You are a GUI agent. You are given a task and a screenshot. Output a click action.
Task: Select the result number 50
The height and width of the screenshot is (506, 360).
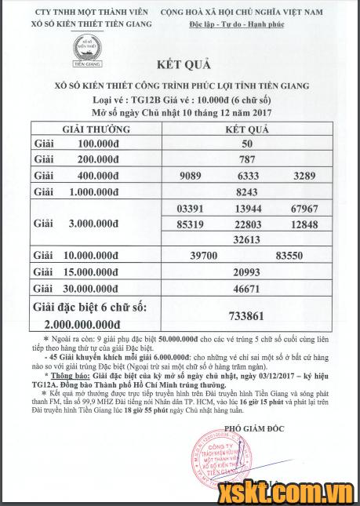click(247, 144)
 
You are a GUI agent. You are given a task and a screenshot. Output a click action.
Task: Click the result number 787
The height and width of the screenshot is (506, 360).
click(247, 159)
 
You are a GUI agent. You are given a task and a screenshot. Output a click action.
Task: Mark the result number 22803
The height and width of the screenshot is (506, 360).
click(247, 224)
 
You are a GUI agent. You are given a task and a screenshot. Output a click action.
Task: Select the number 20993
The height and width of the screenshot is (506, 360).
click(247, 271)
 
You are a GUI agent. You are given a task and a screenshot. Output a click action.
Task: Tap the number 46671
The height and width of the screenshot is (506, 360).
click(247, 288)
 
